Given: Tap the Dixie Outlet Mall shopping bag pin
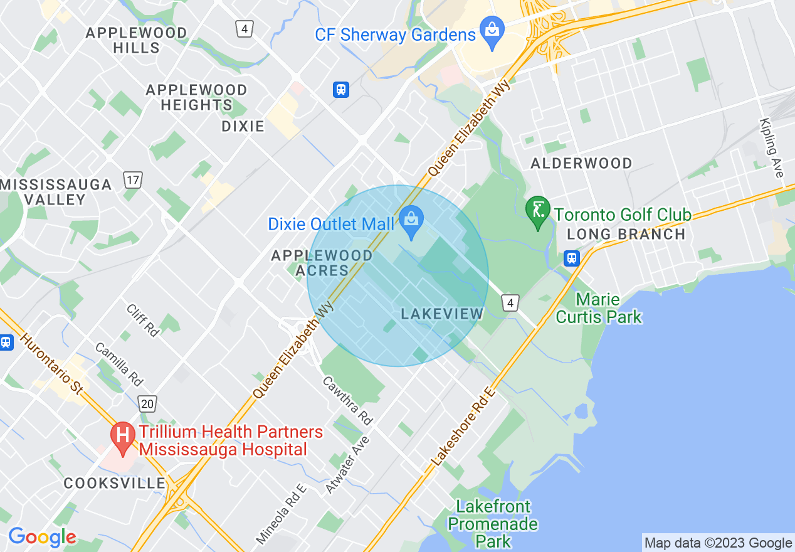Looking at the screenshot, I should [411, 221].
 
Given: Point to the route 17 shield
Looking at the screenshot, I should [133, 181].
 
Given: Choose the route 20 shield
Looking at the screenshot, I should [147, 403].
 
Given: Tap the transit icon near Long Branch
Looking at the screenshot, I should [571, 258].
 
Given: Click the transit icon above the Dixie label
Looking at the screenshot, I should [341, 89].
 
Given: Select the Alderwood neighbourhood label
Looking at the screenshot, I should [581, 164].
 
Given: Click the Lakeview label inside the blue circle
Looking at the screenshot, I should [442, 314].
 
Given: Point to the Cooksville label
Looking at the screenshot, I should [115, 484].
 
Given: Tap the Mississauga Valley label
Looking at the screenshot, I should [56, 192].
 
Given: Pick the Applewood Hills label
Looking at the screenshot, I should [136, 40].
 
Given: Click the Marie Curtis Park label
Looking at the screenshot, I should [599, 308].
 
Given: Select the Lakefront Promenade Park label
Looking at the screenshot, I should [493, 523].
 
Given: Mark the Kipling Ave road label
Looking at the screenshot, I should [772, 148].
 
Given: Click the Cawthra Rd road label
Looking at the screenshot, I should [347, 399].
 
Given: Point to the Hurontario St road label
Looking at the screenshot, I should [52, 363].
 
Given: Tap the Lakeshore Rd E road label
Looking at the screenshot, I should [464, 427].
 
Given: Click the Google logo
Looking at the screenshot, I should [42, 537].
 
